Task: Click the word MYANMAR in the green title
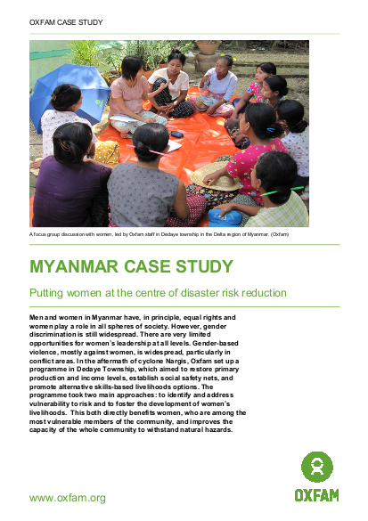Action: pyautogui.click(x=80, y=265)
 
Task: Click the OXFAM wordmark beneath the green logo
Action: pyautogui.click(x=316, y=493)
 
